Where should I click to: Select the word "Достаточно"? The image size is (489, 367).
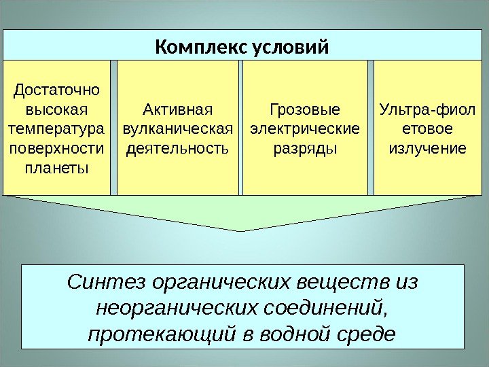[56, 89]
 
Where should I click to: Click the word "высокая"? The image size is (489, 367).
[56, 109]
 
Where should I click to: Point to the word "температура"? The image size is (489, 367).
[56, 128]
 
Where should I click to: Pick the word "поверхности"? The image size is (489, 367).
[56, 148]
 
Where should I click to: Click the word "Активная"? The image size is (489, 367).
[178, 109]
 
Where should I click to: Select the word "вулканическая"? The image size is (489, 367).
[178, 128]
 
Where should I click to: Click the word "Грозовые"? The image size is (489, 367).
[305, 109]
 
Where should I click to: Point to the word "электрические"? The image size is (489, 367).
[305, 128]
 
